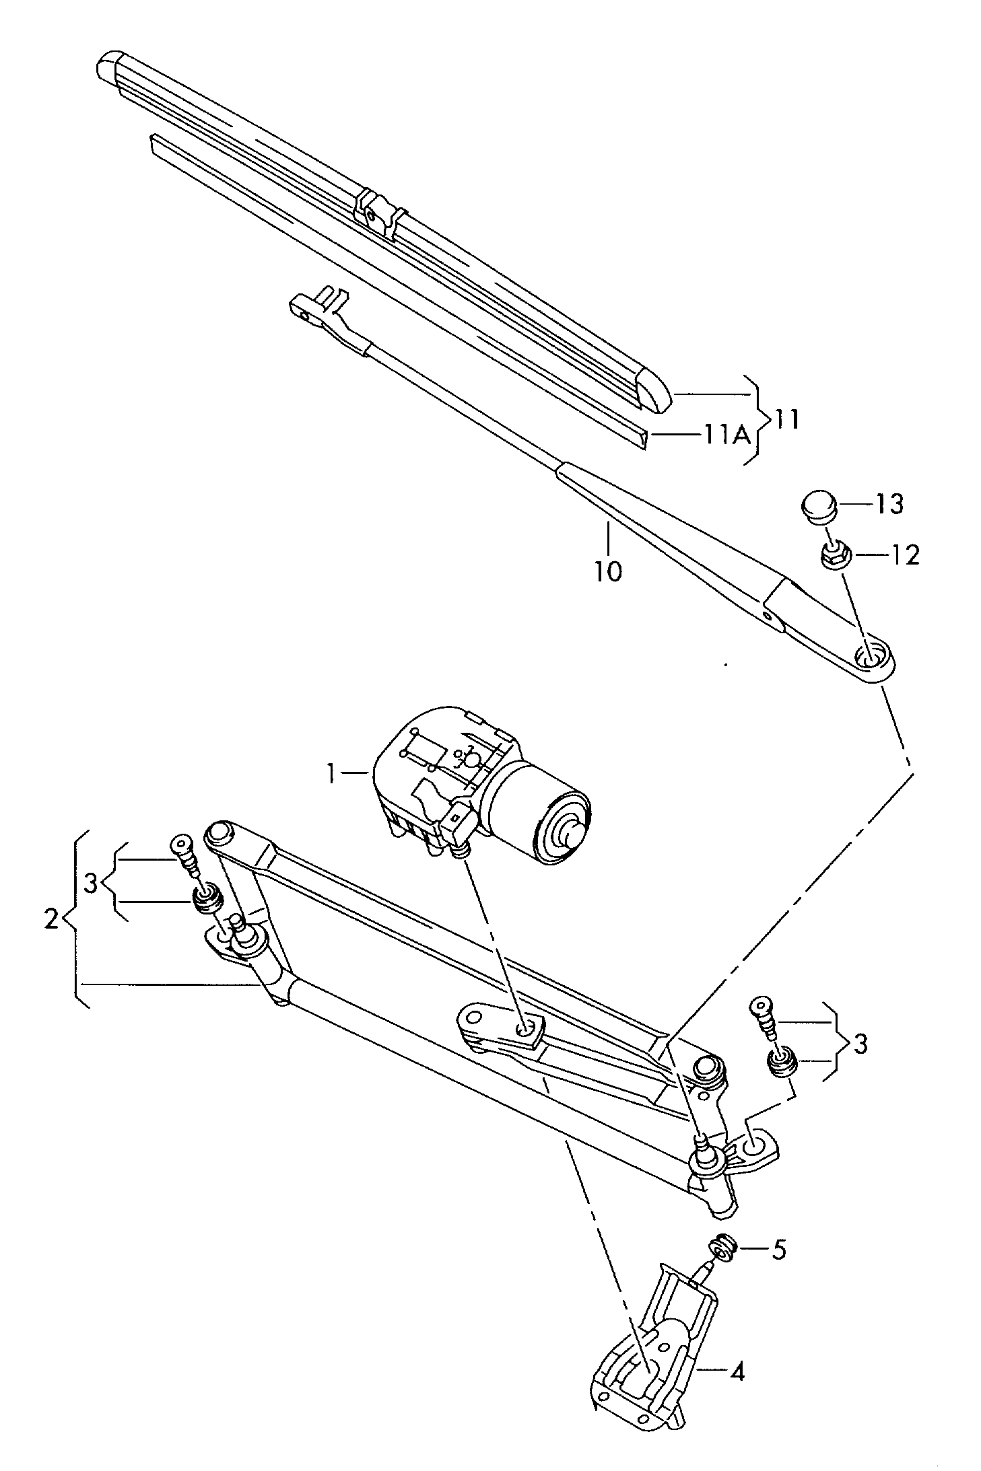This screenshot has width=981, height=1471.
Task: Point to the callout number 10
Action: click(x=607, y=571)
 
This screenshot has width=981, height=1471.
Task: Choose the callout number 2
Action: click(x=51, y=919)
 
